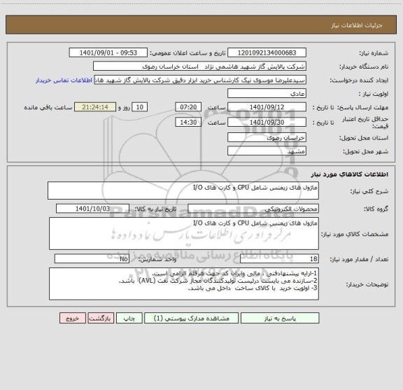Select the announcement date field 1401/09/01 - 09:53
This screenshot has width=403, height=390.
click(x=109, y=53)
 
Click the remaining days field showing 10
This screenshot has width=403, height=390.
click(x=140, y=107)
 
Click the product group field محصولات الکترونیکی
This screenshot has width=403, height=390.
click(x=253, y=209)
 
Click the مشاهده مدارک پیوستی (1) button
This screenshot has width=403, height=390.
click(x=181, y=317)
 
